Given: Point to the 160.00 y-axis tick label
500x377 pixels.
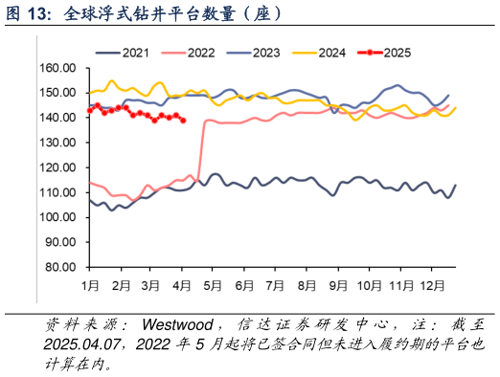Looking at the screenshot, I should click(x=58, y=68).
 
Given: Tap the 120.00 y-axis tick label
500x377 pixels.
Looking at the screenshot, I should click(x=58, y=167).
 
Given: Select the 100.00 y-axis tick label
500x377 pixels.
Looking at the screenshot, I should click(x=58, y=217).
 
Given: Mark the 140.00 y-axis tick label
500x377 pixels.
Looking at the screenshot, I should click(x=58, y=118).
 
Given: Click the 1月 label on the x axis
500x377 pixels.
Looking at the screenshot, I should click(x=91, y=285).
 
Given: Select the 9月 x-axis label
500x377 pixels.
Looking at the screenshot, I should click(x=336, y=285).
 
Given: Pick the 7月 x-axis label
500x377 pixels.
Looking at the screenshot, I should click(x=275, y=285).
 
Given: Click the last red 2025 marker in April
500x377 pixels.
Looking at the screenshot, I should click(x=183, y=120).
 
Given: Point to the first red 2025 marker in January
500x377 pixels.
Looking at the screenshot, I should click(x=89, y=111).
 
